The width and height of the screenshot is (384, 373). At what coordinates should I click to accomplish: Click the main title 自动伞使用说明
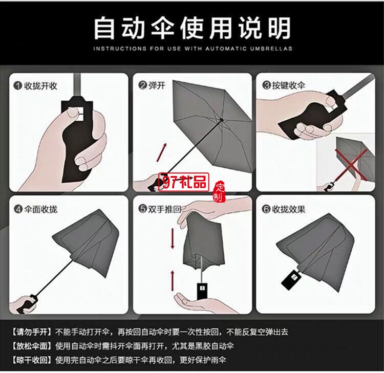(192, 28)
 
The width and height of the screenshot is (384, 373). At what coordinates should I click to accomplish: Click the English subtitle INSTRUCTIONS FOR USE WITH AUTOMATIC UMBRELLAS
(193, 49)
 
